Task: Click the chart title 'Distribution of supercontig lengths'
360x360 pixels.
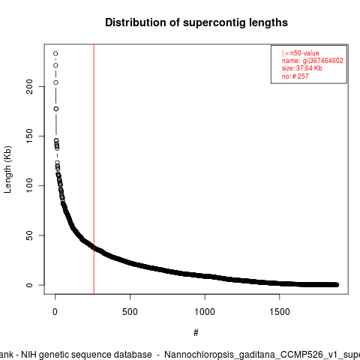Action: (x=196, y=22)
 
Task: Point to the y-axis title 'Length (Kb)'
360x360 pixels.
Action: (x=7, y=169)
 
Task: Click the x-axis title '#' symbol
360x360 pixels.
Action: (x=196, y=332)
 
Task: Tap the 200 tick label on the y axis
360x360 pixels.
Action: (x=29, y=86)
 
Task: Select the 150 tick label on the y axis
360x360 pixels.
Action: (x=29, y=136)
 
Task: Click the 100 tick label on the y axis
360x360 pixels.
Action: (x=29, y=185)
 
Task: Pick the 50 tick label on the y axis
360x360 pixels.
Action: (x=29, y=235)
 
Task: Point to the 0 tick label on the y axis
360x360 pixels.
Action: (x=29, y=285)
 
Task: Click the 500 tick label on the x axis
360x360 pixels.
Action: (x=130, y=312)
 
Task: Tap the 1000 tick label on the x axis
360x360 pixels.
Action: (x=205, y=312)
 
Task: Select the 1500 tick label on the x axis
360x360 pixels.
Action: (x=280, y=312)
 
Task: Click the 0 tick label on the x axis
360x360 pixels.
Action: (x=55, y=312)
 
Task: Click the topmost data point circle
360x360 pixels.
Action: (x=55, y=53)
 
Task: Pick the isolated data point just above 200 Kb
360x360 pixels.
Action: (x=55, y=82)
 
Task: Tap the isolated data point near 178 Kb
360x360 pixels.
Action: (x=56, y=109)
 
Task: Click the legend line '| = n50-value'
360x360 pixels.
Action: (x=301, y=53)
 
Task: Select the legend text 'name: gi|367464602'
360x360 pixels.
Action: (x=313, y=61)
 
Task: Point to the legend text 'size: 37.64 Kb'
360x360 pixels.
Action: (x=302, y=68)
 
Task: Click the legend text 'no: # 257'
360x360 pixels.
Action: (x=295, y=76)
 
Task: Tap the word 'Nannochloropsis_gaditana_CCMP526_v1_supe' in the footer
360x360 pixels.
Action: (x=262, y=355)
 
